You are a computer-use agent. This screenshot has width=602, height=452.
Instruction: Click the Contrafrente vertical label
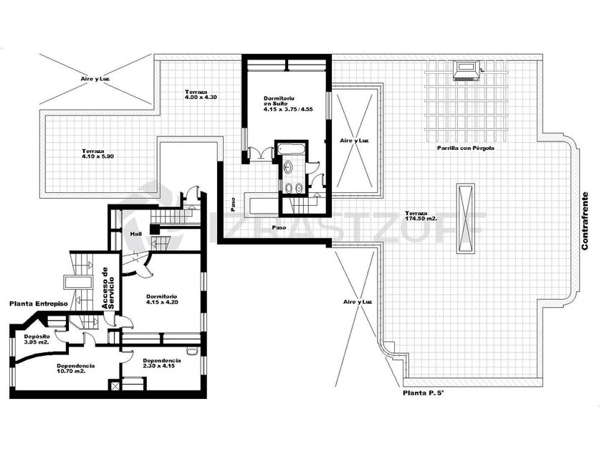click(x=585, y=221)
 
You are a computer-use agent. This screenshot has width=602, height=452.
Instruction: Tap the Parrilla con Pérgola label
click(x=465, y=148)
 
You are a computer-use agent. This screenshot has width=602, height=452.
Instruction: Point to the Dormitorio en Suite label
click(x=288, y=104)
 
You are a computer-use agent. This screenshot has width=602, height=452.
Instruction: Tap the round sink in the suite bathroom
click(x=287, y=166)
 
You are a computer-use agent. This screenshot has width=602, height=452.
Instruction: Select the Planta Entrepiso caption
click(x=39, y=303)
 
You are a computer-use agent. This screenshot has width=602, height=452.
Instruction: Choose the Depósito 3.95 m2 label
click(x=37, y=339)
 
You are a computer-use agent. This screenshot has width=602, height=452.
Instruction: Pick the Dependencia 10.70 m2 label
click(x=76, y=369)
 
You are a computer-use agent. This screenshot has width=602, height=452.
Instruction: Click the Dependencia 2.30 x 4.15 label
click(x=162, y=363)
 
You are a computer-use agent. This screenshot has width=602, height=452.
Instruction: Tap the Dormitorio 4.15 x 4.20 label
click(x=162, y=299)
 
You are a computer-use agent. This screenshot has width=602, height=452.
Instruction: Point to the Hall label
click(x=136, y=234)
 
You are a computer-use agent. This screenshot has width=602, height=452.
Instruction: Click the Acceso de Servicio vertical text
click(x=108, y=288)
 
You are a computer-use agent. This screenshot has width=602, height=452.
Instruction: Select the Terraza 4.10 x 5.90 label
click(x=97, y=154)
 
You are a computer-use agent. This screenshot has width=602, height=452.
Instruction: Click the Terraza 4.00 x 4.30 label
click(x=201, y=95)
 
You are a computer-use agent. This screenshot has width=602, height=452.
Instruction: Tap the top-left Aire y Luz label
click(x=95, y=79)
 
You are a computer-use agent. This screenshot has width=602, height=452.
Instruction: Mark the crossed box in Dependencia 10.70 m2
click(x=115, y=385)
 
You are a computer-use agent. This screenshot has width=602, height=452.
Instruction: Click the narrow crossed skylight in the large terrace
click(x=466, y=218)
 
